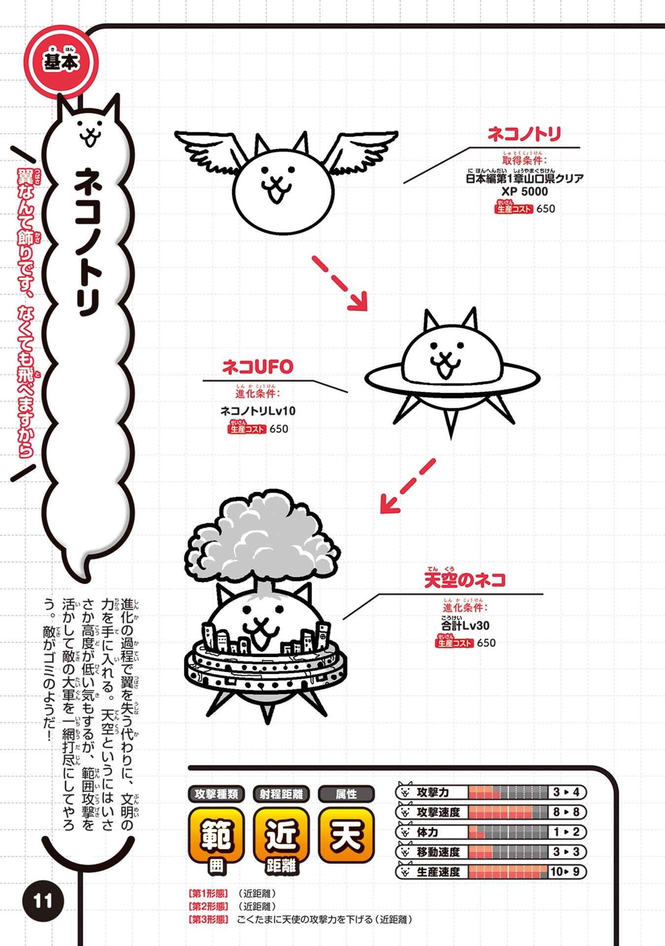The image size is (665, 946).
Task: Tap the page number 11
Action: coord(43,901)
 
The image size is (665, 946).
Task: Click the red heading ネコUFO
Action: coord(258,367)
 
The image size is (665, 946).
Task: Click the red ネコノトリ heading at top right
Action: coord(524,134)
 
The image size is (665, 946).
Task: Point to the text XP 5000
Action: coord(525,192)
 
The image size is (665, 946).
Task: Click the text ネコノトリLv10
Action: coord(258,411)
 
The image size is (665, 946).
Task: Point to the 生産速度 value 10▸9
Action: coord(568,872)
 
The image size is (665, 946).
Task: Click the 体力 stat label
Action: coord(427,832)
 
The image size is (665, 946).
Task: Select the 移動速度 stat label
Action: coord(438,852)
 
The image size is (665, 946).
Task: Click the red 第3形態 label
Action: coord(209,919)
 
